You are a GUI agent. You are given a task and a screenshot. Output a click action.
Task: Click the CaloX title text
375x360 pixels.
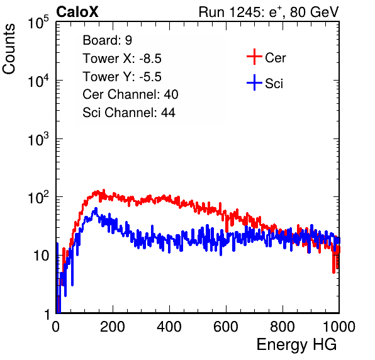tap(77, 12)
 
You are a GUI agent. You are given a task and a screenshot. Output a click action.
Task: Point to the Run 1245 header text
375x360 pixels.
tap(269, 12)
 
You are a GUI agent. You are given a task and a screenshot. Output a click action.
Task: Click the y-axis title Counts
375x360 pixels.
tap(9, 49)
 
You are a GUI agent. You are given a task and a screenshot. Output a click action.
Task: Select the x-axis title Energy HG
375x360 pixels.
tap(296, 345)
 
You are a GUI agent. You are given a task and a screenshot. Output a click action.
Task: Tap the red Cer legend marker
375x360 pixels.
tap(254, 57)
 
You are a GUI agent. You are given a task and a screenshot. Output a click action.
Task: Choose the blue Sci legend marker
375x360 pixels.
tap(254, 82)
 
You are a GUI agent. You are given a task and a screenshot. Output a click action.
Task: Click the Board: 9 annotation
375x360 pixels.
tap(107, 40)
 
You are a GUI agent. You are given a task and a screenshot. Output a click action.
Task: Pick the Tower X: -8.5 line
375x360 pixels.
tap(122, 59)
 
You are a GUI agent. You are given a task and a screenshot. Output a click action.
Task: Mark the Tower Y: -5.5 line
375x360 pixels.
tap(122, 77)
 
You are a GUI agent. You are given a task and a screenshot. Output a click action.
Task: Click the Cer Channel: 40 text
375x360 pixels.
tap(130, 94)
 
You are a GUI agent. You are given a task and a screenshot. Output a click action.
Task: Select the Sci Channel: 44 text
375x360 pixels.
tap(129, 113)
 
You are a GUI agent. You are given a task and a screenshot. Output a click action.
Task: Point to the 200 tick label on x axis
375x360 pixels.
tap(113, 327)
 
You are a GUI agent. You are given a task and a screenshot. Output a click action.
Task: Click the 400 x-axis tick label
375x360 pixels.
tap(169, 327)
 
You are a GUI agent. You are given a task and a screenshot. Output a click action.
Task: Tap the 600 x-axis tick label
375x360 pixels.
tap(226, 327)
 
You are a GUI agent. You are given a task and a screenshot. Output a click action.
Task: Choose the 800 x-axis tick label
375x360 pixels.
tap(283, 327)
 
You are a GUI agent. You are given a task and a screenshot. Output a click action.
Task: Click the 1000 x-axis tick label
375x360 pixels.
tap(339, 327)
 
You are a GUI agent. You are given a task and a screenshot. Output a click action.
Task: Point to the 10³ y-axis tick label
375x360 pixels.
tap(38, 138)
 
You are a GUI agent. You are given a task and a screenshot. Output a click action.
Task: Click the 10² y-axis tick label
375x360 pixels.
tap(38, 197)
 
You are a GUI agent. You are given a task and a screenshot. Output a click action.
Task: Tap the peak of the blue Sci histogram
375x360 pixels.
tap(96, 208)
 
